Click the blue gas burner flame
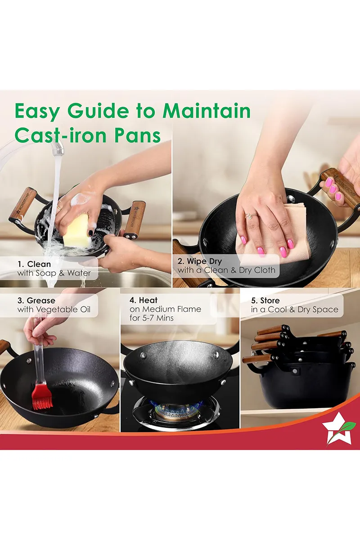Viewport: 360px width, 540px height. coord(176,408)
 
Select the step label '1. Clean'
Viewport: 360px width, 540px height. coord(34,264)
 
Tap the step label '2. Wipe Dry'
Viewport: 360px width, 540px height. coord(200,261)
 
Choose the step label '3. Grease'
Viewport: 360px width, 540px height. coord(36,301)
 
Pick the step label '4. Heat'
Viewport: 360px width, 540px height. coord(143,300)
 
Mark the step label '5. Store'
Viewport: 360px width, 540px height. coord(265,301)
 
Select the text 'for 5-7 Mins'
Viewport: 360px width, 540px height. coord(152,318)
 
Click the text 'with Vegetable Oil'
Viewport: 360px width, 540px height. coord(54,310)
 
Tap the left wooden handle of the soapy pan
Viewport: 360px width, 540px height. coord(22,204)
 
